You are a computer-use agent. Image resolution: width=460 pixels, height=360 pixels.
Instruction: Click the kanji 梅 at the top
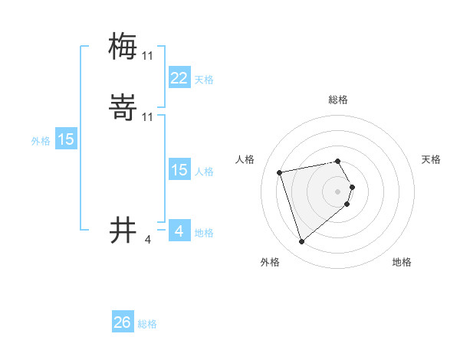click(123, 47)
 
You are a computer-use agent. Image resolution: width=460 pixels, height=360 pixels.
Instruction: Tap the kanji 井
click(123, 230)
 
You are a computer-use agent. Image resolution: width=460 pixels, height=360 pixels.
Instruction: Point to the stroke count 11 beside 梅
click(148, 56)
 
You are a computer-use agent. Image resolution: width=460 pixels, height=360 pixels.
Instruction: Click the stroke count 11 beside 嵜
click(148, 116)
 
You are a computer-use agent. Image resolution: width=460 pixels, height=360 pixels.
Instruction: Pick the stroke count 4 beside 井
click(148, 240)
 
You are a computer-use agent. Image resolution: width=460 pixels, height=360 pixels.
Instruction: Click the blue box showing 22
click(179, 77)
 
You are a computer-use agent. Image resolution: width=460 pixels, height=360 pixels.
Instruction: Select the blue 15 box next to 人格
click(179, 170)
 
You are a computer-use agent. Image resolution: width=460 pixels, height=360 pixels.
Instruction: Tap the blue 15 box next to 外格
click(66, 139)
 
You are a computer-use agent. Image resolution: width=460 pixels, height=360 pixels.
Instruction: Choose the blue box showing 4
click(179, 231)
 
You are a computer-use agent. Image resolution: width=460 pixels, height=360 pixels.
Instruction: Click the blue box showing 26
click(123, 322)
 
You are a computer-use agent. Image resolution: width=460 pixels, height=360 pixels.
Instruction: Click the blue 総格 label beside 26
click(147, 324)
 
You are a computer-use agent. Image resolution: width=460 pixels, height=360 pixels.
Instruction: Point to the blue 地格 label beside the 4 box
click(204, 233)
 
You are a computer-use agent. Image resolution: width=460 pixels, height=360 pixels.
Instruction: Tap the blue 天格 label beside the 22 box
click(204, 80)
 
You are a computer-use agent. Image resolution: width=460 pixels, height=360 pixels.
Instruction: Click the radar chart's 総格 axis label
click(338, 100)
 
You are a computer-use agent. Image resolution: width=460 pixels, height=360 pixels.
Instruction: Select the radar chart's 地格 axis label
click(402, 262)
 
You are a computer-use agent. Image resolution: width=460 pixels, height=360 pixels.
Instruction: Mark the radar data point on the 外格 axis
click(302, 242)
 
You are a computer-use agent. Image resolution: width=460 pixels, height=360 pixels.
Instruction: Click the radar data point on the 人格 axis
click(280, 172)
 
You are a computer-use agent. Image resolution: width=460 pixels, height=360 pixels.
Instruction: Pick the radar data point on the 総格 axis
click(338, 162)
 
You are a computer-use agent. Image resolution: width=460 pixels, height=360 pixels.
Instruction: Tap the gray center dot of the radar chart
click(338, 191)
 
